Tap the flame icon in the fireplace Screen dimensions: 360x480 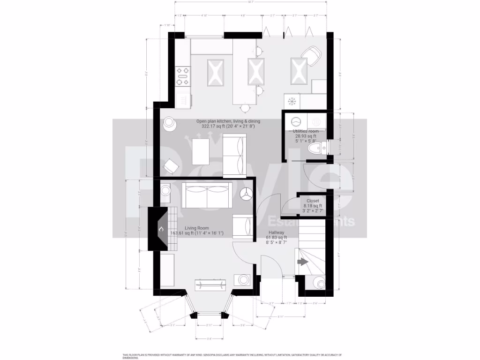(161, 229)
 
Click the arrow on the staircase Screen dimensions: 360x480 (302, 262)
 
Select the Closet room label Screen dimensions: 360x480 (313, 201)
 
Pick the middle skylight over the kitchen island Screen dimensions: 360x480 (256, 71)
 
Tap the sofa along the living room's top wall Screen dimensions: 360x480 (207, 196)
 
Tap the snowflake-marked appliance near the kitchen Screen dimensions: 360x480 (291, 101)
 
